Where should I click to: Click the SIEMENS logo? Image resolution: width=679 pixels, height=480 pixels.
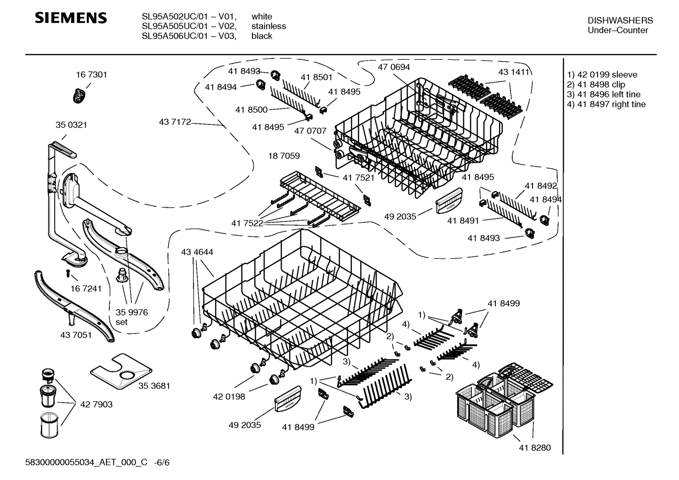[x=72, y=18]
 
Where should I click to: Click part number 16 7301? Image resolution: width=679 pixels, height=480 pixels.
[x=91, y=74]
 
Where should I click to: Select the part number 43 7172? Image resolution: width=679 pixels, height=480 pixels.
[x=175, y=122]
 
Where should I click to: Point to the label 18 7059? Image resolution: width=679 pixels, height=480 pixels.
[x=283, y=155]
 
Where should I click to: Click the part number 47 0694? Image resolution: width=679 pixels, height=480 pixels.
[x=394, y=67]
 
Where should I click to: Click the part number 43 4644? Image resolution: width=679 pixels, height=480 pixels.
[x=197, y=252]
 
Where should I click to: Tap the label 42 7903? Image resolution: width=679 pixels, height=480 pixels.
[x=96, y=404]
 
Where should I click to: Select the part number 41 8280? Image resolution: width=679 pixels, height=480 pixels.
[x=534, y=447]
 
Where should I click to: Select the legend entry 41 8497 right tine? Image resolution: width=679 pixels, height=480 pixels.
[x=606, y=104]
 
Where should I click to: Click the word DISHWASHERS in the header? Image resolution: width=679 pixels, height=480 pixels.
[x=620, y=20]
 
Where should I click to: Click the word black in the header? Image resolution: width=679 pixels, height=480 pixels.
[x=261, y=36]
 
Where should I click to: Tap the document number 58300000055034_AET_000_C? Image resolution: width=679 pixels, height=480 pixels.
[x=87, y=462]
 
